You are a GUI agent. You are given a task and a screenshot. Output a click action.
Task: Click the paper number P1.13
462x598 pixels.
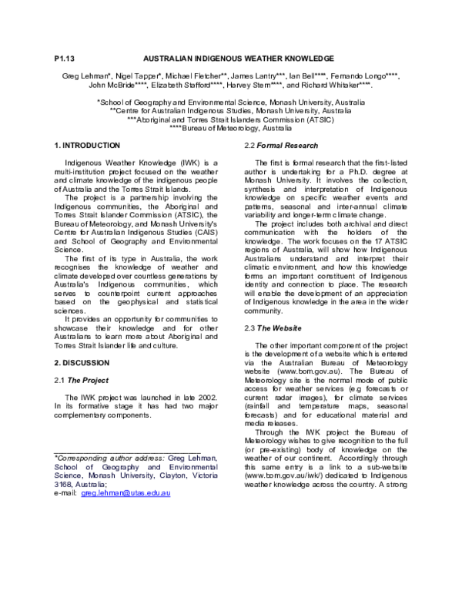[64, 59]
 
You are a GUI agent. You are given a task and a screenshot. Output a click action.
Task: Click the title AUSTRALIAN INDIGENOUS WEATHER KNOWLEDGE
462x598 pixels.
[239, 59]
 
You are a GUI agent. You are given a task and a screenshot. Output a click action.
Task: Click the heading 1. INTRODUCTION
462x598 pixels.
[87, 146]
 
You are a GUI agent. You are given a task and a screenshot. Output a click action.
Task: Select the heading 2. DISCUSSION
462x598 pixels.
[82, 361]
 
